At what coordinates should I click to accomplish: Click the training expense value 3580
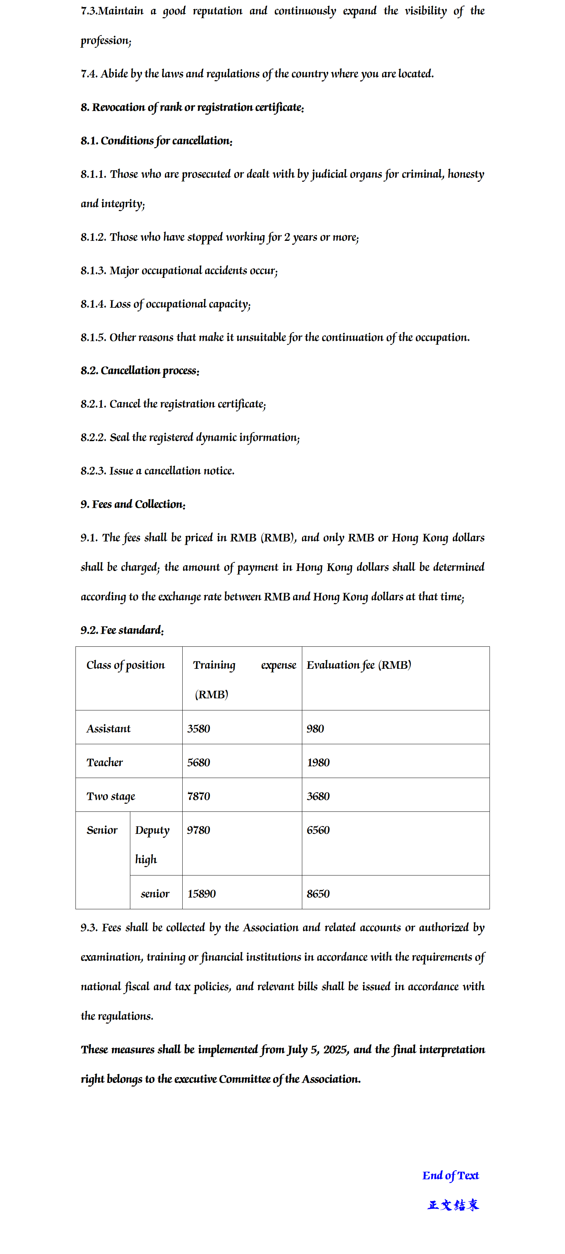[198, 728]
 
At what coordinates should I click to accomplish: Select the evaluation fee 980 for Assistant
[315, 728]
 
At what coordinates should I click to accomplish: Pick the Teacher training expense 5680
[198, 762]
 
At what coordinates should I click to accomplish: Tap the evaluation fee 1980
[318, 762]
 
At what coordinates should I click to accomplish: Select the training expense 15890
[201, 893]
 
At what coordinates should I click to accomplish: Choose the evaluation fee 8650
[318, 893]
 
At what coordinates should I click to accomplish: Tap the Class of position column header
[125, 665]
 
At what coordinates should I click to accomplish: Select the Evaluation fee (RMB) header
[359, 665]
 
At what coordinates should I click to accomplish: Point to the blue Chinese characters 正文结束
[452, 1205]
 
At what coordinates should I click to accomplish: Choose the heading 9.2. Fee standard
[122, 630]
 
